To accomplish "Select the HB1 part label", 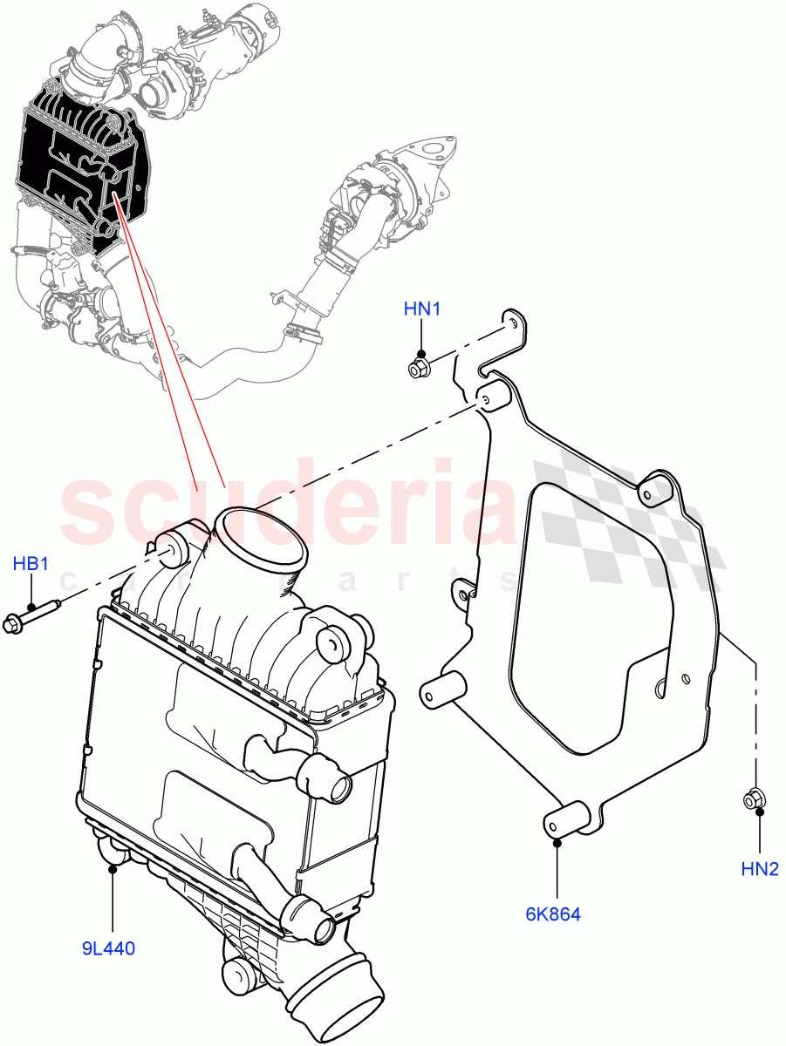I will (x=31, y=564).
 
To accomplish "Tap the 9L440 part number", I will (x=109, y=948).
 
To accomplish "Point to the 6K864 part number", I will (x=553, y=914).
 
